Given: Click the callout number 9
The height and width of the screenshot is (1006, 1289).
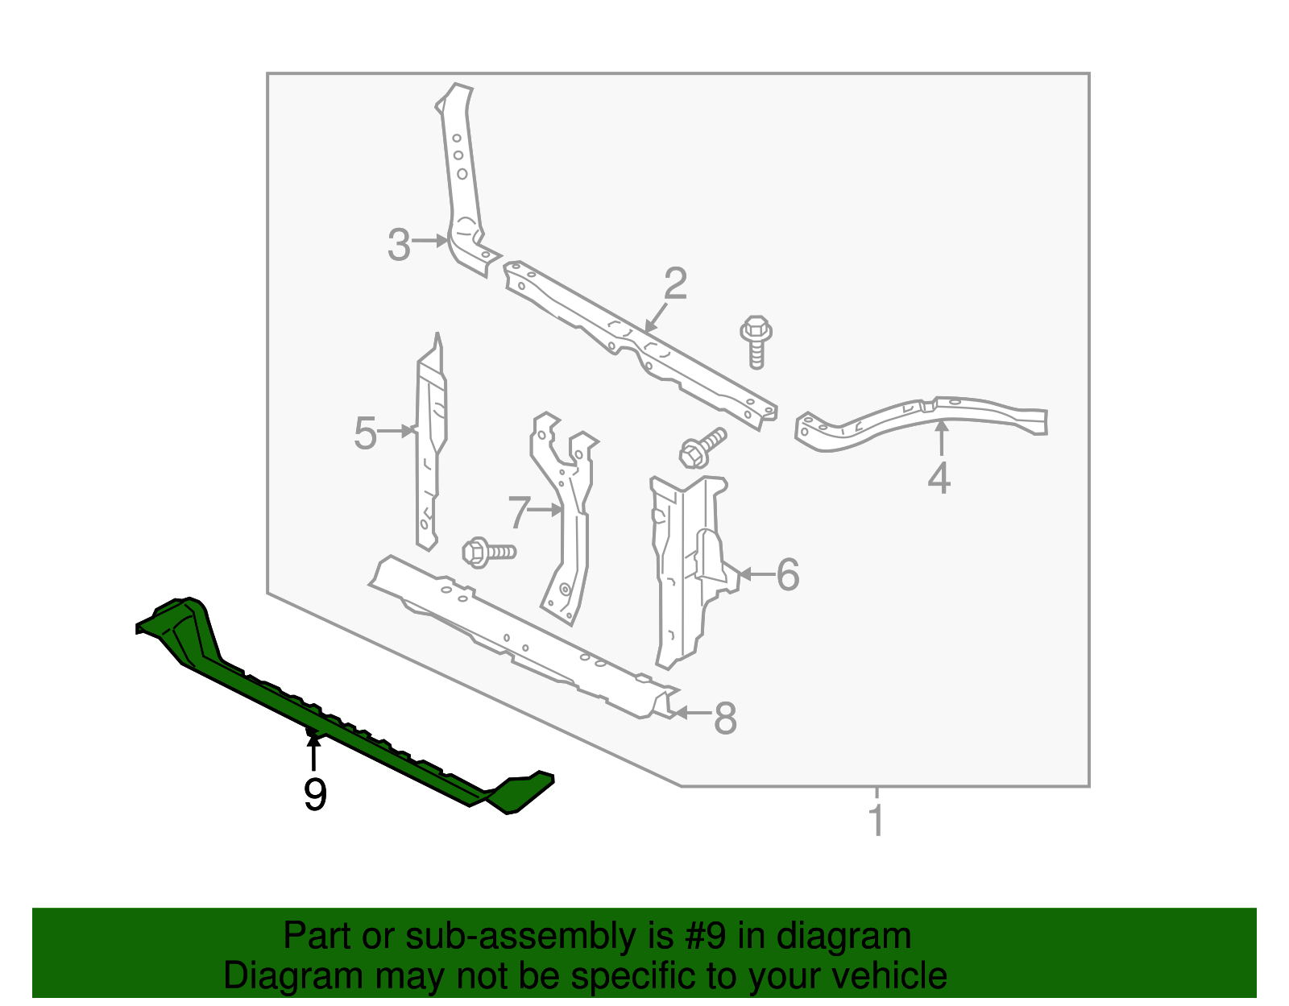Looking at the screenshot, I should [x=315, y=794].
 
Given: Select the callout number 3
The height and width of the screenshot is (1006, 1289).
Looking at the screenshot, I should [x=399, y=245].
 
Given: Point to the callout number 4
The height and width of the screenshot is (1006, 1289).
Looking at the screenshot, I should [x=939, y=478].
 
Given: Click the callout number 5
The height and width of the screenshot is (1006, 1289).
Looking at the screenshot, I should [x=365, y=434].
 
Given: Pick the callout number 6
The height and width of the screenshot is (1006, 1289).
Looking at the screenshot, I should [x=787, y=574].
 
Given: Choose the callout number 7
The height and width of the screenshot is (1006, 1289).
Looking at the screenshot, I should [x=519, y=512].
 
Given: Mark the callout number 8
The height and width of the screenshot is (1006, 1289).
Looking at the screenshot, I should [x=725, y=718].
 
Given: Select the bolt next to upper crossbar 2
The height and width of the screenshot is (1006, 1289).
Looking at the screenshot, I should [x=756, y=341].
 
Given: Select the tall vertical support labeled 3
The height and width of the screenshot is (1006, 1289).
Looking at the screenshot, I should [x=461, y=177].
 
